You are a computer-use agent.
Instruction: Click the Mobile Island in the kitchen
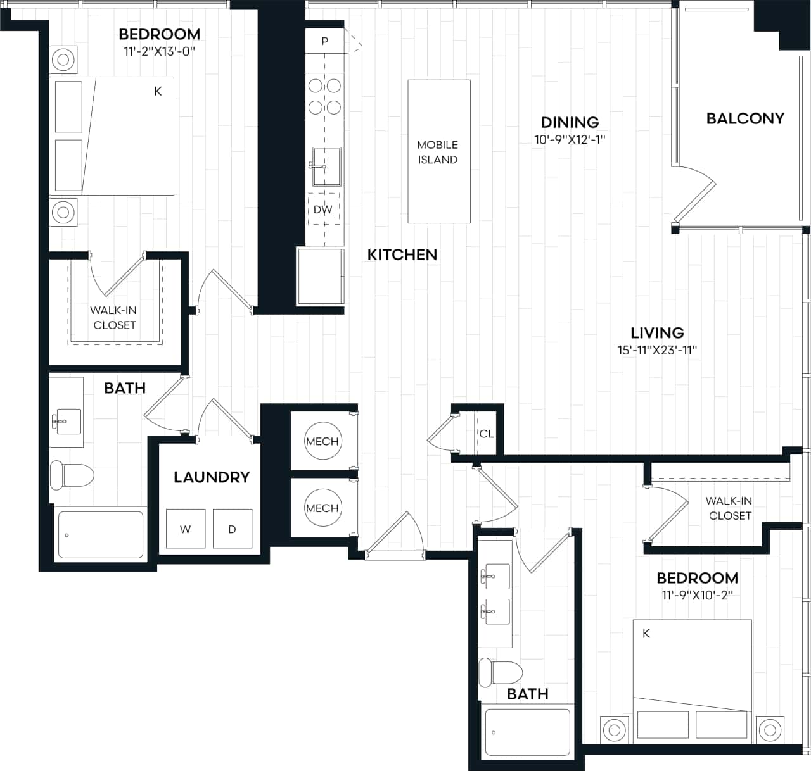tap(438, 152)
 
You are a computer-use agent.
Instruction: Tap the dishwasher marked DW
tap(323, 210)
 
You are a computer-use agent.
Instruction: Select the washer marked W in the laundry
tap(185, 529)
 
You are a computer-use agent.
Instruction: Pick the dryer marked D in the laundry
tap(232, 529)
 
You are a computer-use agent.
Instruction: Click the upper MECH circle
tap(322, 441)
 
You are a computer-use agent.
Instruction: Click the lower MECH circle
tap(322, 508)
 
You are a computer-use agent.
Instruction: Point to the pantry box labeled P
tap(324, 42)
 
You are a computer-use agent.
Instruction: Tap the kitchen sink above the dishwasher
tap(326, 166)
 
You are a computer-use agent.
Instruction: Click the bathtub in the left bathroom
tap(101, 535)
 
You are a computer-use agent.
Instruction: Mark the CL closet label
tap(486, 434)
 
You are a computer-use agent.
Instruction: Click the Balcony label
tap(745, 118)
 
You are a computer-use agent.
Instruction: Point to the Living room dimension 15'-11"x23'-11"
tap(657, 349)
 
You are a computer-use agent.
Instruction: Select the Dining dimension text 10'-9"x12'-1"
tap(570, 139)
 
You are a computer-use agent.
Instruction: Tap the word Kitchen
tap(402, 254)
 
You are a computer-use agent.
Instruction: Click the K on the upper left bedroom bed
tap(158, 91)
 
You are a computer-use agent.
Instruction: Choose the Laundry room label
tap(212, 477)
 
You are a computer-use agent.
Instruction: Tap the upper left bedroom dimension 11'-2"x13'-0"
tap(159, 51)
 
